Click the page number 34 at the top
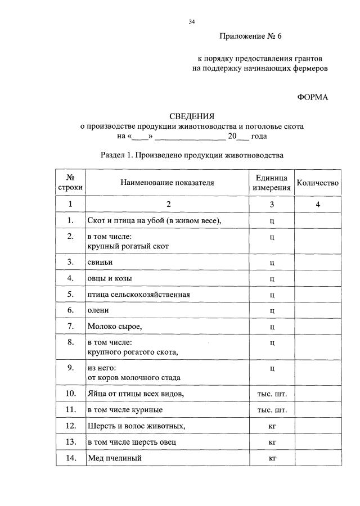[192, 22]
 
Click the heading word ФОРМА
[312, 97]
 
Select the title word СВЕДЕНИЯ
[192, 116]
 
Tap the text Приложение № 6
[250, 37]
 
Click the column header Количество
[318, 183]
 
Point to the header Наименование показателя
[167, 183]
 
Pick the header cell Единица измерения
[272, 183]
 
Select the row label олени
[98, 310]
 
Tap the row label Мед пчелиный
[114, 458]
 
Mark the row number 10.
[71, 393]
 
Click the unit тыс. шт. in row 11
[272, 410]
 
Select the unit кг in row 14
[272, 458]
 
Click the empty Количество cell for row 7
[318, 327]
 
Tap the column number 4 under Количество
[318, 205]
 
